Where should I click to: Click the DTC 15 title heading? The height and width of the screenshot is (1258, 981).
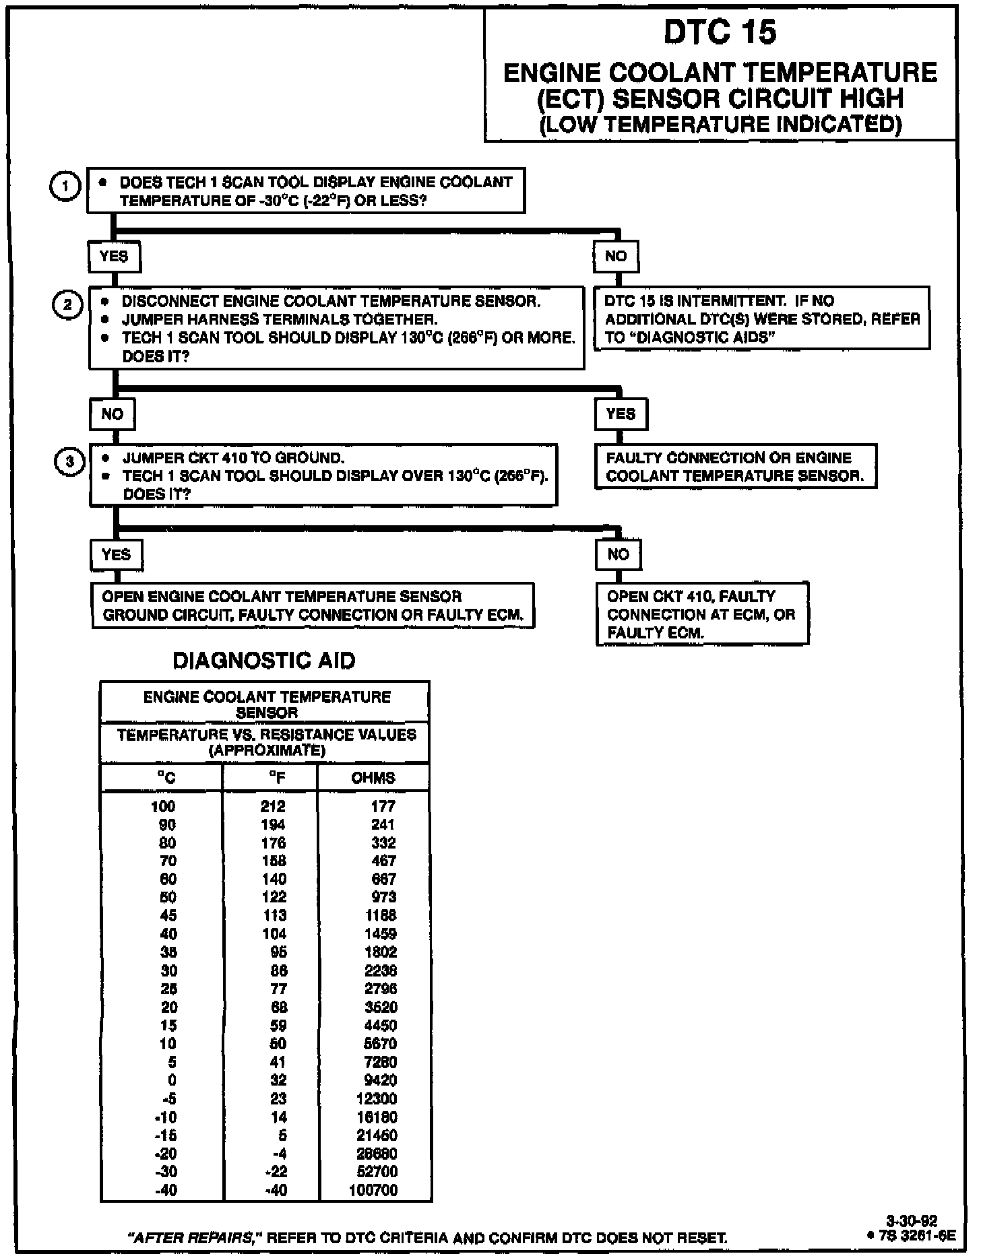(x=720, y=32)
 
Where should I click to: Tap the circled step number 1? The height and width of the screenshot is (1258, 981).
(x=65, y=187)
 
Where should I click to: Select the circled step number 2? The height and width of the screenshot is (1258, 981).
(x=67, y=304)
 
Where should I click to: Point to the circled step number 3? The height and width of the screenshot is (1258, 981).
(x=69, y=462)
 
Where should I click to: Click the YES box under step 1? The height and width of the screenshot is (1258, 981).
(x=114, y=257)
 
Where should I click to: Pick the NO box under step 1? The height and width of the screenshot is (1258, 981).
(x=616, y=257)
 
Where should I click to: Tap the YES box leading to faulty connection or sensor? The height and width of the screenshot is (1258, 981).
(x=621, y=413)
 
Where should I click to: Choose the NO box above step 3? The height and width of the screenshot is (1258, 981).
(x=113, y=413)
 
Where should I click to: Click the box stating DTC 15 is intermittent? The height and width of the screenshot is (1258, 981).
(x=761, y=319)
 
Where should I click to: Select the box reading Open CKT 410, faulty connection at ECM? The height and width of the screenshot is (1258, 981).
(x=701, y=614)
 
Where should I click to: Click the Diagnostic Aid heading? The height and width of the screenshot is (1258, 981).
(x=264, y=661)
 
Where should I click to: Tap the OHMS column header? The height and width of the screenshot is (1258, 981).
(x=373, y=778)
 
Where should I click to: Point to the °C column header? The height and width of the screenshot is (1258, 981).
(x=166, y=778)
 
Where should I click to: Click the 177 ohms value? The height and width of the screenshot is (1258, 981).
(x=383, y=806)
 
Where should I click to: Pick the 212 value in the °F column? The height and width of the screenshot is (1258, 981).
(x=273, y=806)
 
